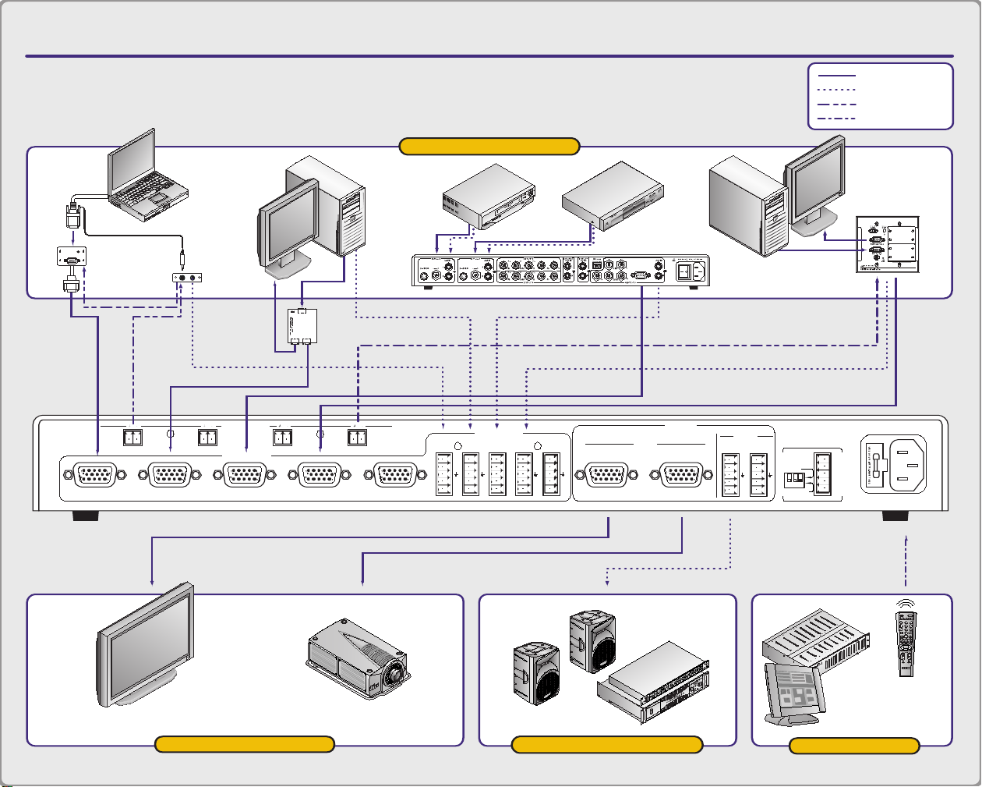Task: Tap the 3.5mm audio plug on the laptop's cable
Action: (x=182, y=254)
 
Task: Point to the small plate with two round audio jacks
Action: (x=187, y=278)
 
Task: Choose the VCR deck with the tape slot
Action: (x=489, y=196)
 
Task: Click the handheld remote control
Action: (x=906, y=643)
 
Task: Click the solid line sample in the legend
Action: (x=837, y=76)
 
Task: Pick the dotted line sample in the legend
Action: (x=837, y=90)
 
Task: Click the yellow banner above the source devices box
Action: (x=489, y=147)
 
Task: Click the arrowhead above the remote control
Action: (x=906, y=539)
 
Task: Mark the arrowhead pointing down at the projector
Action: (x=362, y=580)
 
